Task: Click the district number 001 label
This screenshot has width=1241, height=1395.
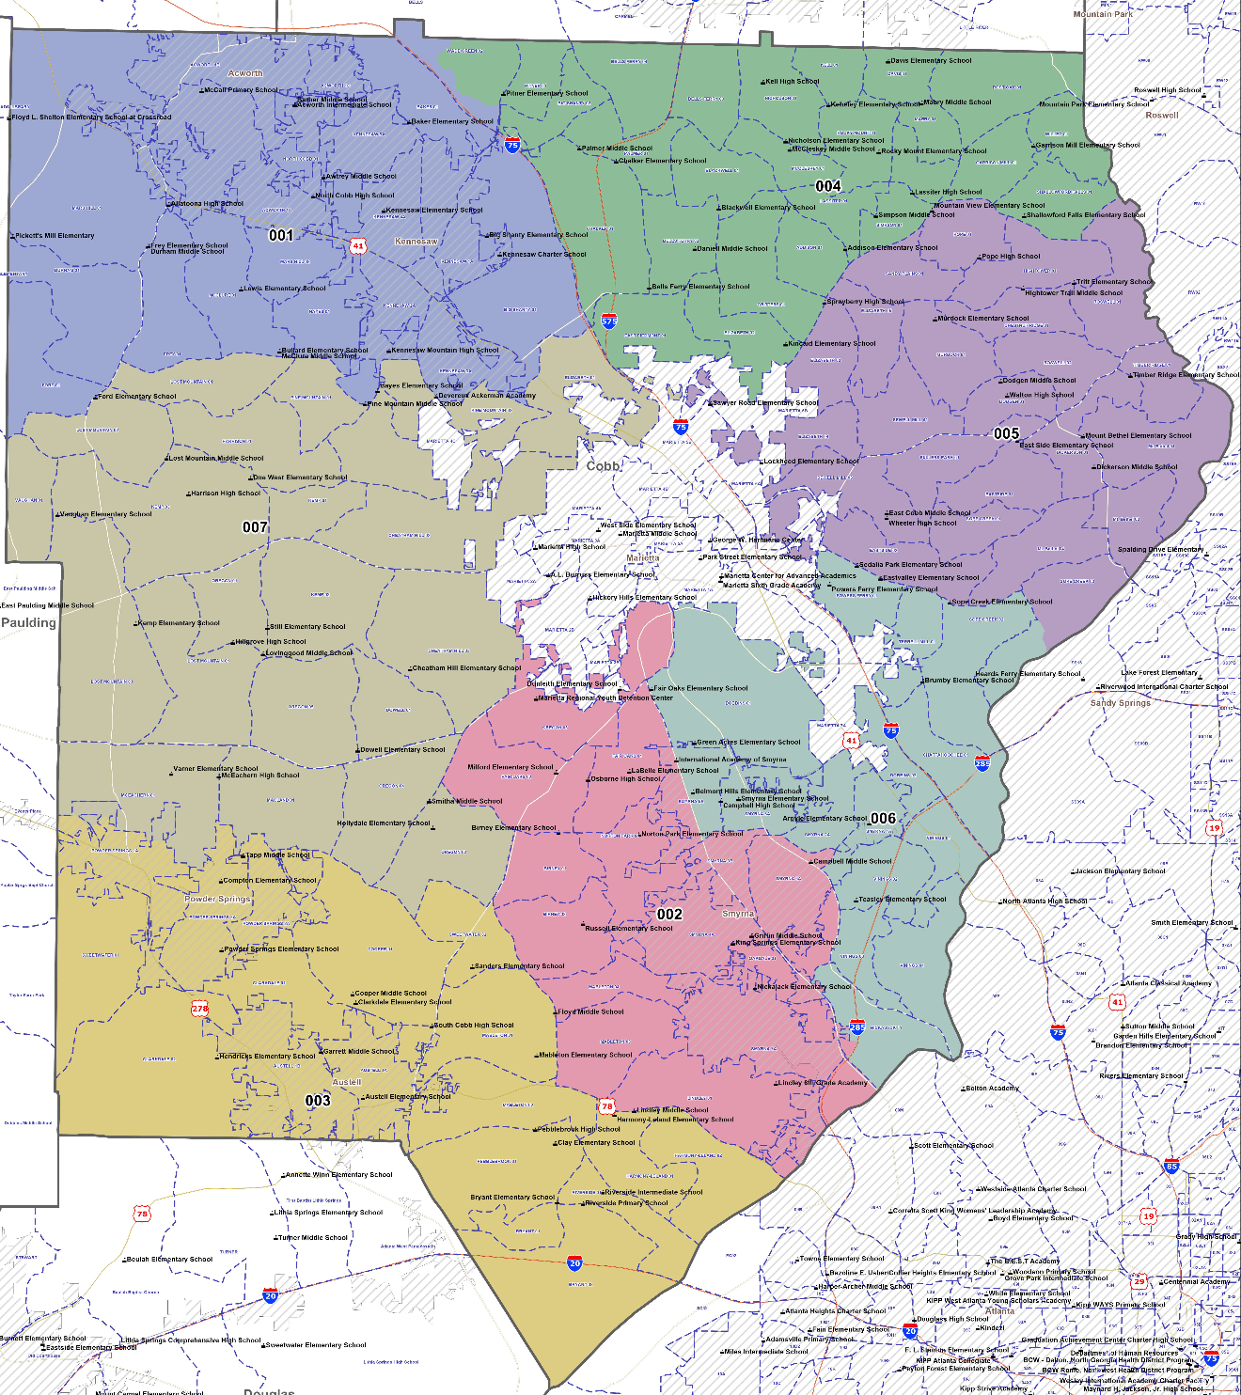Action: tap(281, 235)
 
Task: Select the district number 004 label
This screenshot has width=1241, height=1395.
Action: tap(828, 186)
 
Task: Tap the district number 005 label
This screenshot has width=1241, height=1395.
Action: tap(1006, 433)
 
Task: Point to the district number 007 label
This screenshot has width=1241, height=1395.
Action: tap(255, 527)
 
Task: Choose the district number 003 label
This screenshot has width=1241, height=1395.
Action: tap(318, 1101)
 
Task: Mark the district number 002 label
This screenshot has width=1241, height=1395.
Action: tap(669, 915)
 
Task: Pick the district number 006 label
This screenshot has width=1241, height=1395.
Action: tap(883, 819)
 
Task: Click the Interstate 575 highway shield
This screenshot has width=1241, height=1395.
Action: tap(609, 321)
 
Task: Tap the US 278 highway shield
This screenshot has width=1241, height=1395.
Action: tap(200, 1008)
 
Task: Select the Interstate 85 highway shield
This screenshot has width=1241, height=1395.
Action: tap(1171, 1167)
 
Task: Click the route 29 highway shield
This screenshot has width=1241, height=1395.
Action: tap(1139, 1281)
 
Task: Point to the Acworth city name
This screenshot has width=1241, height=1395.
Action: tap(245, 73)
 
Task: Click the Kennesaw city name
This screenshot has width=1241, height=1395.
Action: tap(416, 242)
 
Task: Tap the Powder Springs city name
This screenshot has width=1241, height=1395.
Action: tap(217, 899)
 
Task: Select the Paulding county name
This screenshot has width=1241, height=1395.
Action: tap(28, 623)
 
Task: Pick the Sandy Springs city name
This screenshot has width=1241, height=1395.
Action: tap(1121, 703)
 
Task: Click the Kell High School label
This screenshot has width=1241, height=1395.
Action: tap(792, 82)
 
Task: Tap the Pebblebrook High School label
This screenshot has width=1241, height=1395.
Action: tap(578, 1130)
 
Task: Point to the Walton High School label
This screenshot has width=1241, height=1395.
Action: tap(1041, 396)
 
